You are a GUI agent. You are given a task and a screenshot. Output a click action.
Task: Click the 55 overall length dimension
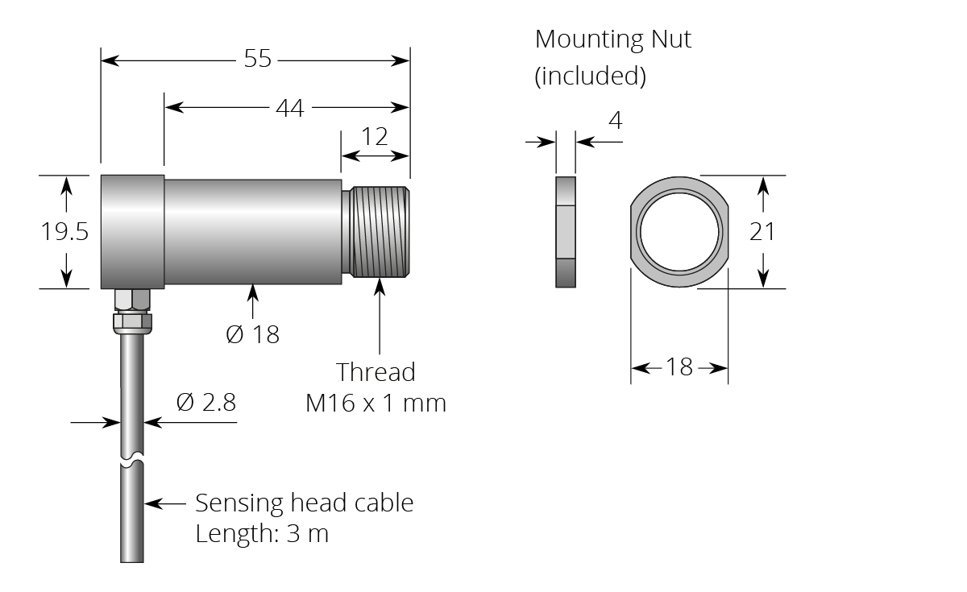pyautogui.click(x=258, y=60)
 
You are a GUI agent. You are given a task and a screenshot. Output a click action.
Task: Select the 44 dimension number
pyautogui.click(x=289, y=107)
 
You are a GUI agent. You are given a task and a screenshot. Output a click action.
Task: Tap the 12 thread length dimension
pyautogui.click(x=374, y=136)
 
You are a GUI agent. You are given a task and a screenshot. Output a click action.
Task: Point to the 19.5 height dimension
pyautogui.click(x=64, y=232)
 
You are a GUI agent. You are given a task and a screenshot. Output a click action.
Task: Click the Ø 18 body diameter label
pyautogui.click(x=252, y=334)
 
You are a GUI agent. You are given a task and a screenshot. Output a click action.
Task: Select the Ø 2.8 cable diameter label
pyautogui.click(x=205, y=402)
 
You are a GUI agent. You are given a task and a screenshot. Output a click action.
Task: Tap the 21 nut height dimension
pyautogui.click(x=762, y=231)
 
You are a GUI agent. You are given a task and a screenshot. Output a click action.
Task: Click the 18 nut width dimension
pyautogui.click(x=679, y=367)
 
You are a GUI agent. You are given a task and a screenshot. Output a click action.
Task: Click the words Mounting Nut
pyautogui.click(x=612, y=39)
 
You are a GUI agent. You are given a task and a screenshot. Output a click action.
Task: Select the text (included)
pyautogui.click(x=590, y=76)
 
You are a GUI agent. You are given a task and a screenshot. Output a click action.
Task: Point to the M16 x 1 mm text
pyautogui.click(x=376, y=402)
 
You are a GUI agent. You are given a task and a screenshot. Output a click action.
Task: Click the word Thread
pyautogui.click(x=376, y=372)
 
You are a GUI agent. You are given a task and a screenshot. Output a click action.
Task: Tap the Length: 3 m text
pyautogui.click(x=262, y=533)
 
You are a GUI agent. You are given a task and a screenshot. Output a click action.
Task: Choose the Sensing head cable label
pyautogui.click(x=304, y=503)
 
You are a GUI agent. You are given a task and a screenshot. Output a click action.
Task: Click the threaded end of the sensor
pyautogui.click(x=379, y=231)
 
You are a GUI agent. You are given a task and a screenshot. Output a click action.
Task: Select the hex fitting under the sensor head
pyautogui.click(x=131, y=310)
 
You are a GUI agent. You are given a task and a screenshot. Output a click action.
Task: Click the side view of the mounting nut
pyautogui.click(x=566, y=231)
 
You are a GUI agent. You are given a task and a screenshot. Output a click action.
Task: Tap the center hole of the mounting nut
pyautogui.click(x=679, y=231)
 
